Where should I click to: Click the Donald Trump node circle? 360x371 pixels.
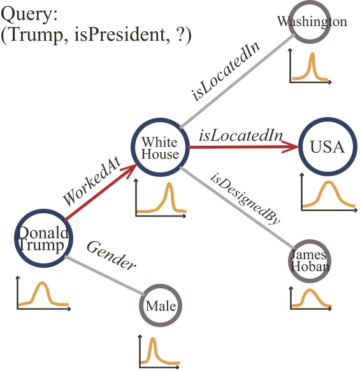pos(41,240)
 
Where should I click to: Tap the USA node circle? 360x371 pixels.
pos(327,148)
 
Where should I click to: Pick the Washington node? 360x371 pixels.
pos(312,23)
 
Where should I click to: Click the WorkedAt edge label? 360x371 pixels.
pos(89,186)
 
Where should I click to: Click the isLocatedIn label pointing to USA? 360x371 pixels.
pos(240,135)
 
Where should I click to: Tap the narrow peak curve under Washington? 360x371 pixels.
pos(310,67)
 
